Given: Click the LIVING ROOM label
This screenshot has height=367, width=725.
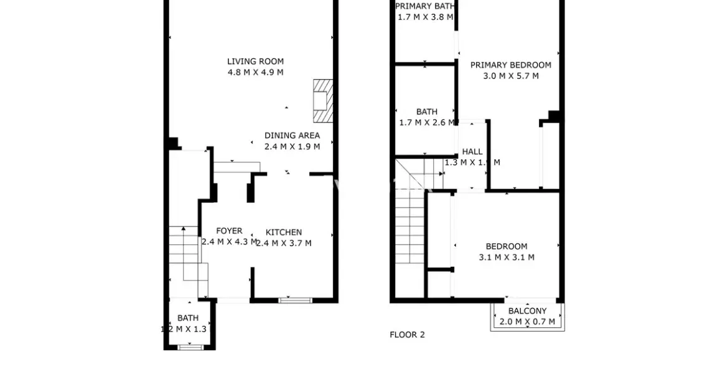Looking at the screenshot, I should [255, 62].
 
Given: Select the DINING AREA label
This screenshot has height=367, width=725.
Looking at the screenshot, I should [292, 136].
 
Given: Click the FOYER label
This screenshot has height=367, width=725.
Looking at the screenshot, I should [229, 231].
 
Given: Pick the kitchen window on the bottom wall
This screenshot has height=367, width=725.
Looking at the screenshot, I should [294, 301].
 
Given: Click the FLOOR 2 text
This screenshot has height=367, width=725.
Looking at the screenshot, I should [407, 335].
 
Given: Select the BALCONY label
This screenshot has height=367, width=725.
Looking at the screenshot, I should [527, 311].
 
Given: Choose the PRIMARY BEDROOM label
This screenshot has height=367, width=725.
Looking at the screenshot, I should [510, 65].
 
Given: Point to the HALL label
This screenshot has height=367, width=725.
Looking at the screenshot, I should [472, 152].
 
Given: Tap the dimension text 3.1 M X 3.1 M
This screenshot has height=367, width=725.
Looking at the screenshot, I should [506, 258].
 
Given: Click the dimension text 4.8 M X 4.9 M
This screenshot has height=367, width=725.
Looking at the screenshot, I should [255, 72].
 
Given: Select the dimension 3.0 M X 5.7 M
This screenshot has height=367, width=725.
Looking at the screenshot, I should [510, 76].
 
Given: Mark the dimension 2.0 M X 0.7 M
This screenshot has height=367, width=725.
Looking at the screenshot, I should [527, 322].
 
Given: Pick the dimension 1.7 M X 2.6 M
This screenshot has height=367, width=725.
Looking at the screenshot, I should [427, 123].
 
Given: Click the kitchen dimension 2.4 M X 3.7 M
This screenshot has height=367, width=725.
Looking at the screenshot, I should [284, 243].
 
